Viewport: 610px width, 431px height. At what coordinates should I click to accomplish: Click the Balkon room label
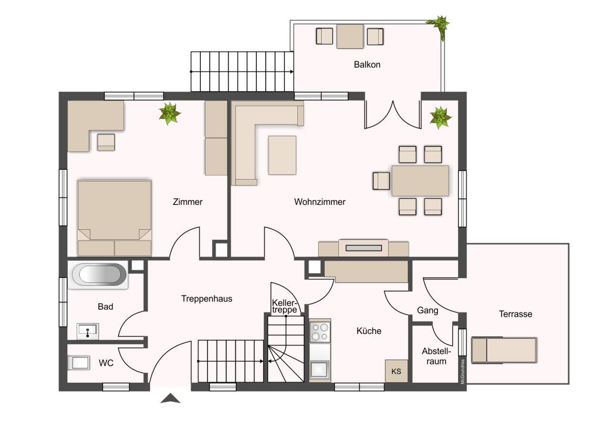tap(367, 64)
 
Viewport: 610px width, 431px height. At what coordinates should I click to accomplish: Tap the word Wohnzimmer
tap(320, 202)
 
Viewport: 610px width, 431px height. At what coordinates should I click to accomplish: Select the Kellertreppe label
tap(285, 306)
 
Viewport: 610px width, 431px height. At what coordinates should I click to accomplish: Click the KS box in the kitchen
tap(396, 371)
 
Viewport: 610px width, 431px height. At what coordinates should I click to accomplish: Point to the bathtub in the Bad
tap(98, 275)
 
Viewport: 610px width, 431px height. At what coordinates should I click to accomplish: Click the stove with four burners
tap(320, 332)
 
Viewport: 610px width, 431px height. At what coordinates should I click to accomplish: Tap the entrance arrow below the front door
tap(170, 398)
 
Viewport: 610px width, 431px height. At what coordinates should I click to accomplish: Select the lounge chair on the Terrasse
tap(504, 350)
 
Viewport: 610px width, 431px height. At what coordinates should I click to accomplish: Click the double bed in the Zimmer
tap(114, 218)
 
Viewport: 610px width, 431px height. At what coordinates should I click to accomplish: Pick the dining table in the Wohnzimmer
tap(420, 181)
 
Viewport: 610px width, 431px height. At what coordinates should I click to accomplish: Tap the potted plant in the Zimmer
tap(169, 114)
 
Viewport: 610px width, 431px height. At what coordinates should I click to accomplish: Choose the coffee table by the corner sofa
tap(282, 155)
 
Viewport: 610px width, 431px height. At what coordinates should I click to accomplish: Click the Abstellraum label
tap(436, 356)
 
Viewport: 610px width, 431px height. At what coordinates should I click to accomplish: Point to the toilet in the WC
tap(79, 363)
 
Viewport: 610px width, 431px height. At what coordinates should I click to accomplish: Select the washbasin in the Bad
tap(88, 332)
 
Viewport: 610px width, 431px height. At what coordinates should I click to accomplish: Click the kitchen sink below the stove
tap(320, 369)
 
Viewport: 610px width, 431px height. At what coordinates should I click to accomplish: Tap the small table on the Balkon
tap(350, 36)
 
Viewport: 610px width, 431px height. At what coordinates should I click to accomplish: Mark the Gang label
tap(428, 310)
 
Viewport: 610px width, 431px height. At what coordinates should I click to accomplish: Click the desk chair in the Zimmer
tap(106, 142)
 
